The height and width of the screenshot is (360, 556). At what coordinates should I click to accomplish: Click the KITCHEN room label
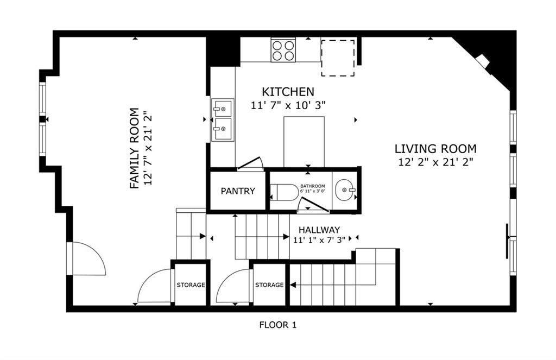[288, 92]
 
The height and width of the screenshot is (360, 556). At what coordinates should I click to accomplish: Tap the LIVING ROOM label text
[435, 148]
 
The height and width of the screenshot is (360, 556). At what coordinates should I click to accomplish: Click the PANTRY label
[238, 191]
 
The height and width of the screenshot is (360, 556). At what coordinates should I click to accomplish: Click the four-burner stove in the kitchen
[283, 50]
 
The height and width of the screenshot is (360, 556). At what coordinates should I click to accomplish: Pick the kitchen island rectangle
[304, 142]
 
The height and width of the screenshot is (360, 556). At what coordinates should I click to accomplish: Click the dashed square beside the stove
[338, 57]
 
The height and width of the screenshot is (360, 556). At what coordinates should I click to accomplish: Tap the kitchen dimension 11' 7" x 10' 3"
[288, 105]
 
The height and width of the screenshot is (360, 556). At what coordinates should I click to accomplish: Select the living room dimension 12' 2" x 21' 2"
[435, 161]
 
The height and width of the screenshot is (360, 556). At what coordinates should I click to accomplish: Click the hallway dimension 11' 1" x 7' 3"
[319, 239]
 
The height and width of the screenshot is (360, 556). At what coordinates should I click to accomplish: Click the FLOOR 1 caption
[277, 325]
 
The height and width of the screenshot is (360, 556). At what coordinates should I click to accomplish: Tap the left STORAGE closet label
[190, 285]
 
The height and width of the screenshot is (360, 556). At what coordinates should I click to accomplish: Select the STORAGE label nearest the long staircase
[269, 285]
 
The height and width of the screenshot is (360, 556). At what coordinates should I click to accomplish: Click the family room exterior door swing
[87, 259]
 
